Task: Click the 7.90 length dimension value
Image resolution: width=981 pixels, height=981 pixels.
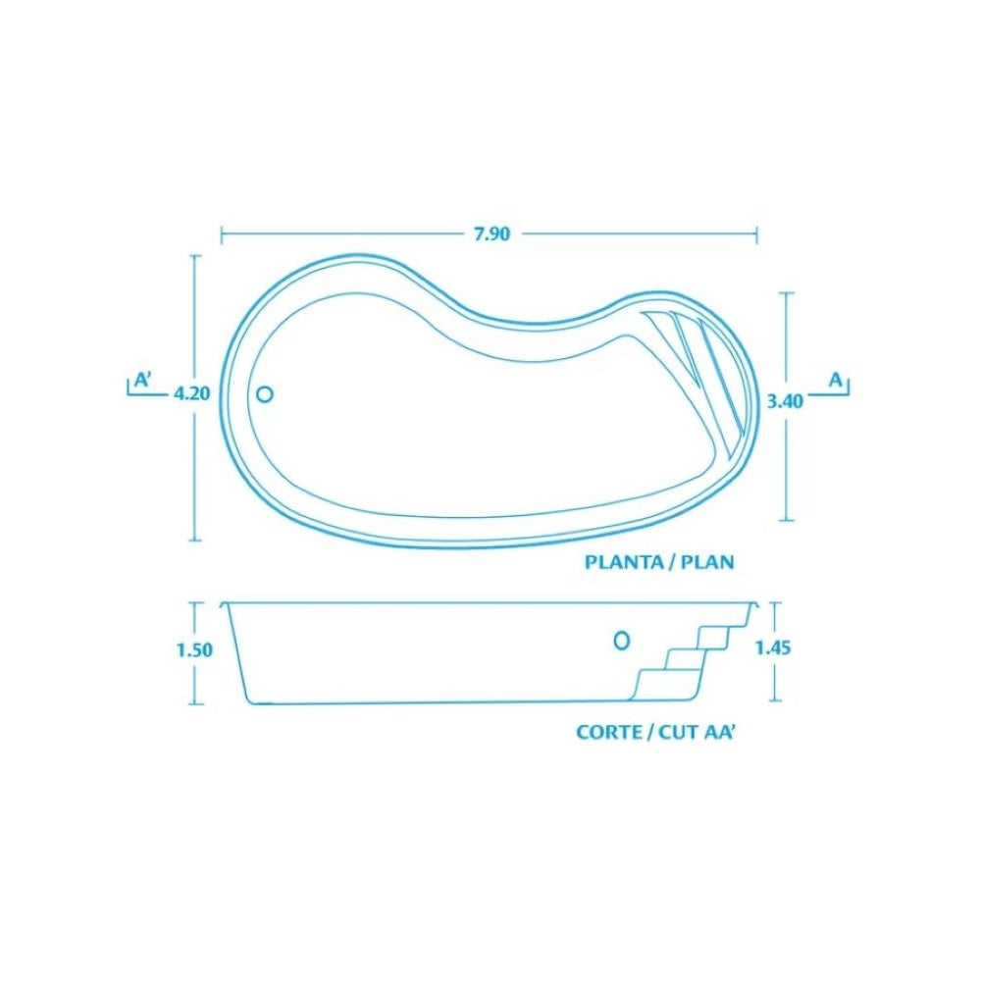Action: point(491,234)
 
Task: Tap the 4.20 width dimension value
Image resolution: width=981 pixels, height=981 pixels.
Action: point(192,394)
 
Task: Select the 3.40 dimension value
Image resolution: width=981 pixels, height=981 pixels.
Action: point(785,401)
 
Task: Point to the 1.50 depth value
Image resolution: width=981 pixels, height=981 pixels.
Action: point(194,650)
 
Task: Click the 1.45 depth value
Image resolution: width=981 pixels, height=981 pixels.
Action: point(773,648)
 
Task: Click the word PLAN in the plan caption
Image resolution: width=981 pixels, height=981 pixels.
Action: point(707,562)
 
